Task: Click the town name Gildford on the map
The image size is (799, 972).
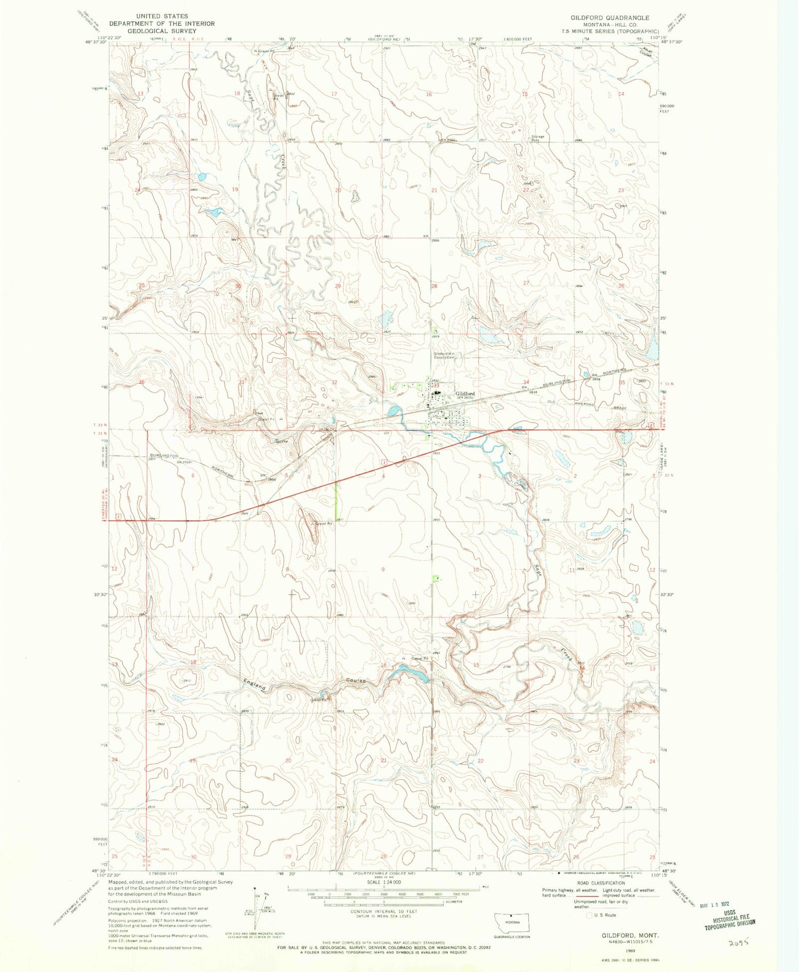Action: [x=464, y=394]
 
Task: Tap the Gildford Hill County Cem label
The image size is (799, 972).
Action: [x=446, y=356]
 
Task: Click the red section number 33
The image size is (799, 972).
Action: [x=435, y=384]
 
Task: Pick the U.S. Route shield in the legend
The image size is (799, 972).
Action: [x=589, y=915]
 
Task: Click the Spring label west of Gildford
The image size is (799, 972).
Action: [x=281, y=442]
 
